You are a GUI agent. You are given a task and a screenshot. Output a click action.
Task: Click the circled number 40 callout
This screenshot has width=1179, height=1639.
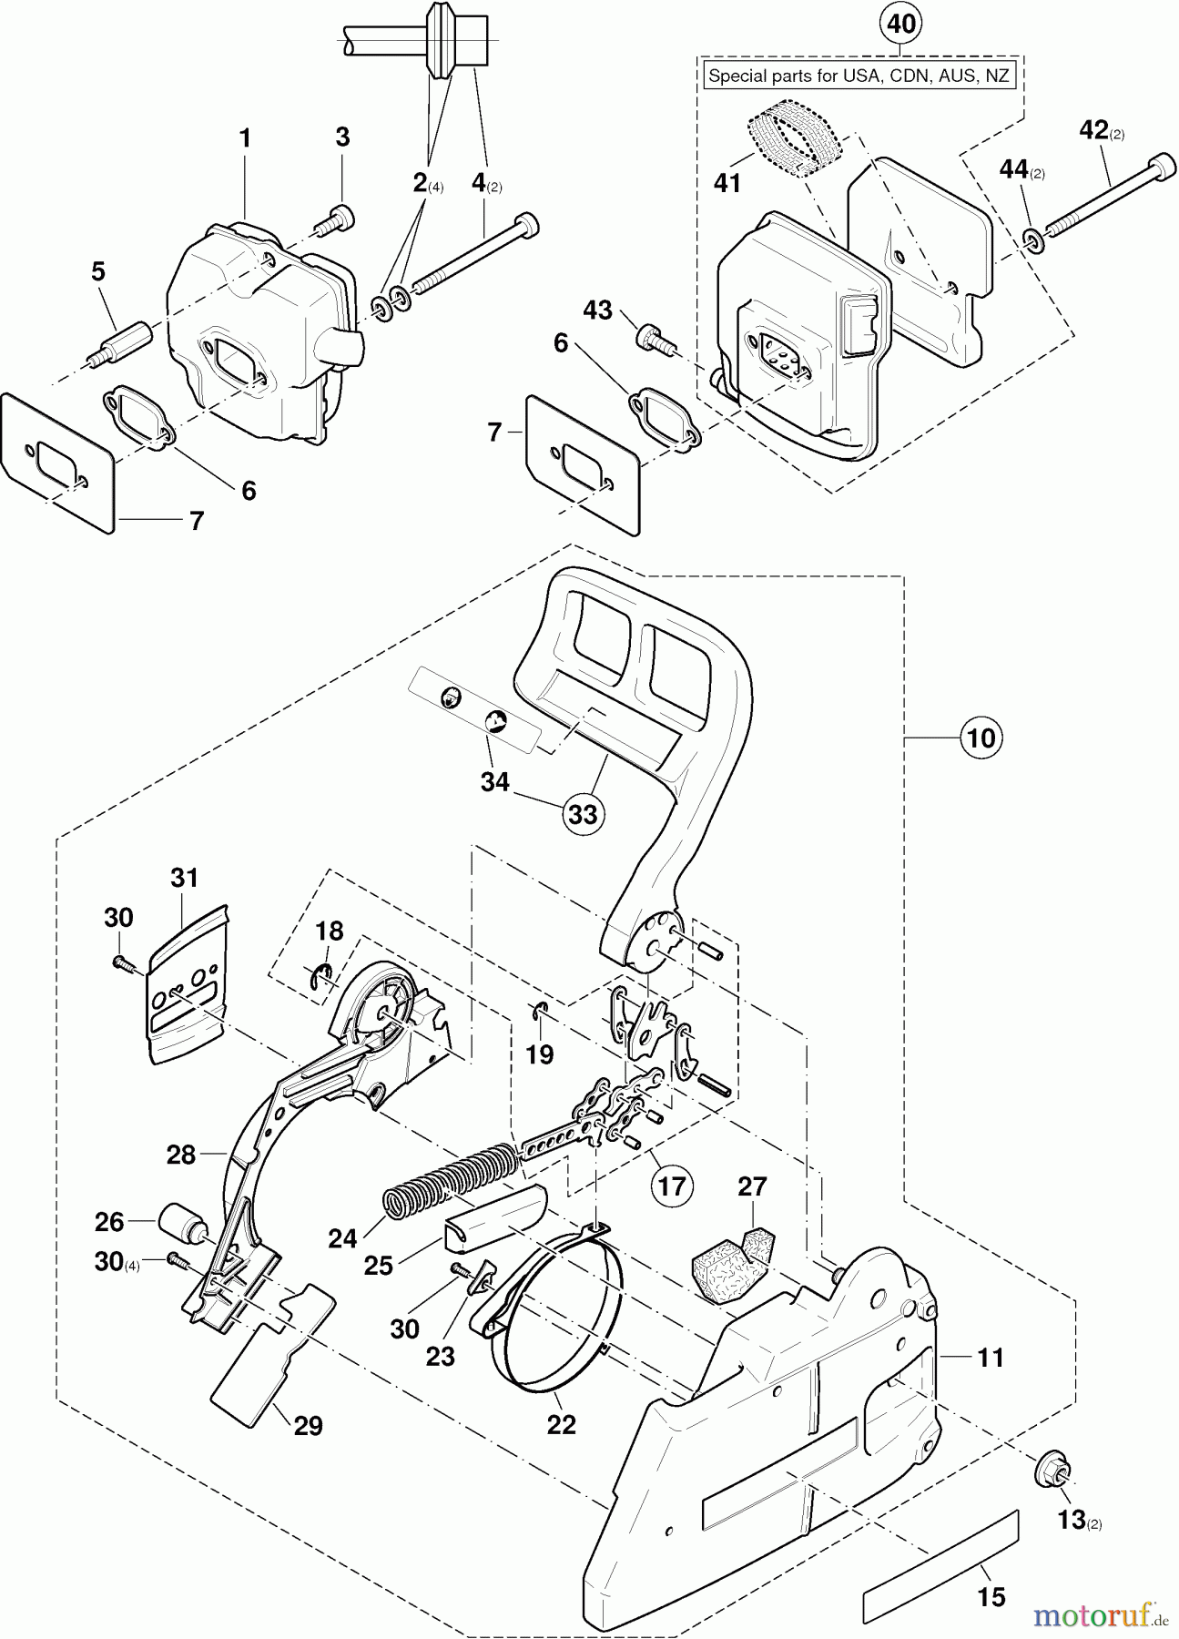[900, 24]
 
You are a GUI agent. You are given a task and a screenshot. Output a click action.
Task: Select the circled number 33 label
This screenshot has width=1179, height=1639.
[582, 813]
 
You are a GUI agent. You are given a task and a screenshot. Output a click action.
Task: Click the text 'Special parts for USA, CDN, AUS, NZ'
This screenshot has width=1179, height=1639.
[859, 76]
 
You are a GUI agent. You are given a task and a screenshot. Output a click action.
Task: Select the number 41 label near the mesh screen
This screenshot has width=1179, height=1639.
[727, 183]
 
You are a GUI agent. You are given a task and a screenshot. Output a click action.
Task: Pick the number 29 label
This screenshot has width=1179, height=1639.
[309, 1425]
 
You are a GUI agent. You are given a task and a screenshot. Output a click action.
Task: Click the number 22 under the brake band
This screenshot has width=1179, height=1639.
[561, 1424]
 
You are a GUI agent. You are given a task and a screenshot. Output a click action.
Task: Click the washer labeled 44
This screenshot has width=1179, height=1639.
[1032, 238]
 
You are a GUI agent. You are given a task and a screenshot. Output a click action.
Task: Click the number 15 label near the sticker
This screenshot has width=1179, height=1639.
[991, 1596]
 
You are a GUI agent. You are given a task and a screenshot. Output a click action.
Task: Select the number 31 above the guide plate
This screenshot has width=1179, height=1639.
[184, 878]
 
